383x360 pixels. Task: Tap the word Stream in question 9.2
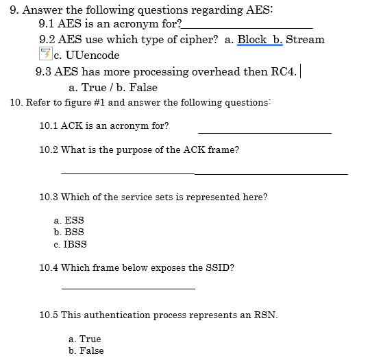[305, 39]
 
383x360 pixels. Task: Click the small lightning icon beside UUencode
[46, 54]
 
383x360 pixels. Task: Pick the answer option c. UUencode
[86, 55]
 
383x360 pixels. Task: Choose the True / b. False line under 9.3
[113, 88]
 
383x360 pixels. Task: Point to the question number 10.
[17, 103]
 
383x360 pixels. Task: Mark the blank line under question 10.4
[128, 288]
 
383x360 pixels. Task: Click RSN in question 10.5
[262, 315]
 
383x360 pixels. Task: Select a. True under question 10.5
[85, 339]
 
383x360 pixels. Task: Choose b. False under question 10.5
[86, 350]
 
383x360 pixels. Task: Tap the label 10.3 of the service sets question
[49, 197]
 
